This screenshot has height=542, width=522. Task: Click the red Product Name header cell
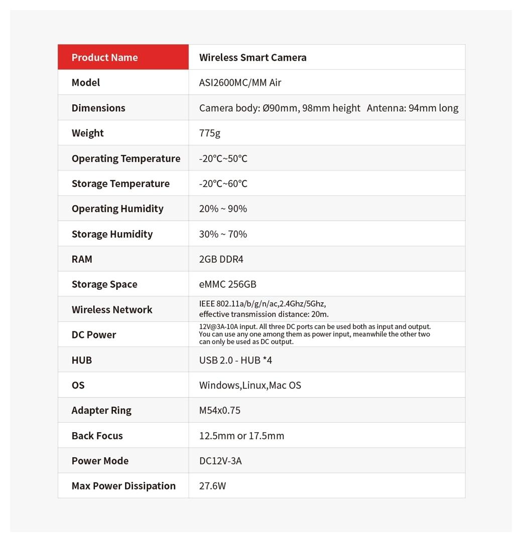(123, 57)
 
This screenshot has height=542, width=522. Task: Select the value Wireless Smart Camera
(252, 57)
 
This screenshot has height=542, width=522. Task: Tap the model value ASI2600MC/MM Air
(240, 82)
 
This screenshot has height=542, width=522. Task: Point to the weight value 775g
(210, 133)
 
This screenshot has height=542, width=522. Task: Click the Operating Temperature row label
(126, 158)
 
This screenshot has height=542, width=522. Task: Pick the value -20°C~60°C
(223, 184)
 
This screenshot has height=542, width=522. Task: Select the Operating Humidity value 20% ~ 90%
(223, 209)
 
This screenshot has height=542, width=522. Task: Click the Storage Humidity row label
(112, 234)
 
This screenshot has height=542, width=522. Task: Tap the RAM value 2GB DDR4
(221, 259)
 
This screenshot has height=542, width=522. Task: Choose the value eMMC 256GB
(227, 284)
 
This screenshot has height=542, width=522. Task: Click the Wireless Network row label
(112, 309)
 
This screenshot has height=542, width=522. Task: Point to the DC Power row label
(94, 334)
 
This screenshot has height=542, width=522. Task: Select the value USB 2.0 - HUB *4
(235, 360)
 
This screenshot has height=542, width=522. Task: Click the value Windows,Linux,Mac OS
(250, 385)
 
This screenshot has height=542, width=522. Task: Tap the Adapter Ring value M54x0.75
(219, 410)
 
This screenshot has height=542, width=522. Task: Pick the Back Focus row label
(97, 436)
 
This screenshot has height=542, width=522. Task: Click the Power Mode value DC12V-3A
(220, 461)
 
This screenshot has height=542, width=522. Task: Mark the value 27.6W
(212, 486)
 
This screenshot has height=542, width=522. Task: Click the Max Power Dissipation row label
(123, 486)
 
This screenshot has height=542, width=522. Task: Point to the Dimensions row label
(98, 108)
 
